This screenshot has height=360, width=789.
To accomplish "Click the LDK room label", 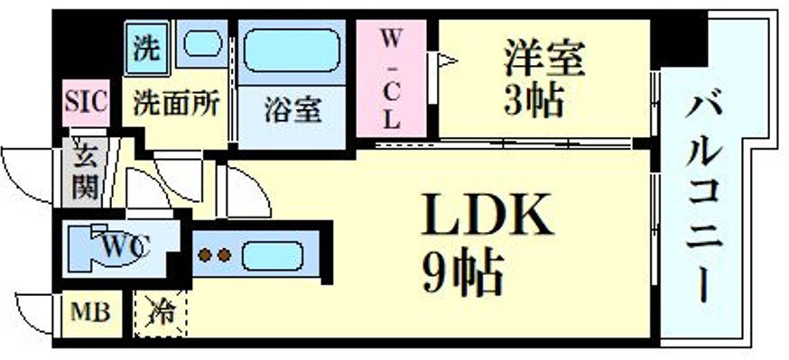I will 485,216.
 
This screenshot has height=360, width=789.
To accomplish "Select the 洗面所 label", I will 176,103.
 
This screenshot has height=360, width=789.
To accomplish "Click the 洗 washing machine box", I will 144,45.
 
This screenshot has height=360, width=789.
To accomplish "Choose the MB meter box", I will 90,314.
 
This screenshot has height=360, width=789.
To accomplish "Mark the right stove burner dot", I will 225,255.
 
